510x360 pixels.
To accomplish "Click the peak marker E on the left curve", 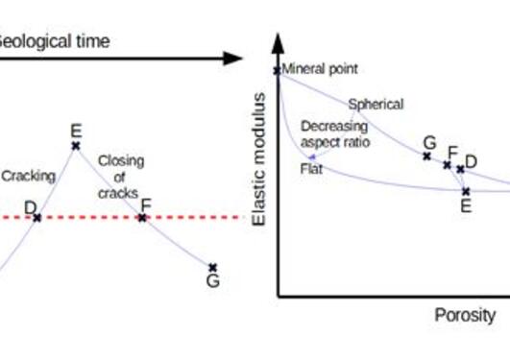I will tap(76, 146).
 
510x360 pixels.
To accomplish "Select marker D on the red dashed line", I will tap(37, 218).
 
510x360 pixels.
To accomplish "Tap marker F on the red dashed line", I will tap(142, 218).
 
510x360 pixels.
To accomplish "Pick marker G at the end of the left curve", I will tap(212, 268).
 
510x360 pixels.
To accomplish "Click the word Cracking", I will tap(28, 177).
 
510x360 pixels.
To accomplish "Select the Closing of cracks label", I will tap(120, 177).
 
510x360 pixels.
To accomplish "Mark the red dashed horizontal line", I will tap(192, 218).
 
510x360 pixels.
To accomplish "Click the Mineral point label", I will tap(320, 69).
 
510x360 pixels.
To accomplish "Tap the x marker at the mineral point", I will tap(278, 70).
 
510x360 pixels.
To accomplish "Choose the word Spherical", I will tap(376, 104).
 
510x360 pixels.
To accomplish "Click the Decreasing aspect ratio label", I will tap(333, 133).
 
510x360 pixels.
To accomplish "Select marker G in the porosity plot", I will tap(427, 156).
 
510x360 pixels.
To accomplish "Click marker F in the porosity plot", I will tap(447, 164).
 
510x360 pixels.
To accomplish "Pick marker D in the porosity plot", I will tap(460, 170).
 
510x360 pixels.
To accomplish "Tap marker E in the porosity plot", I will tap(466, 190).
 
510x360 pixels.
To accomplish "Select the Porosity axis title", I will tap(465, 315).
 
